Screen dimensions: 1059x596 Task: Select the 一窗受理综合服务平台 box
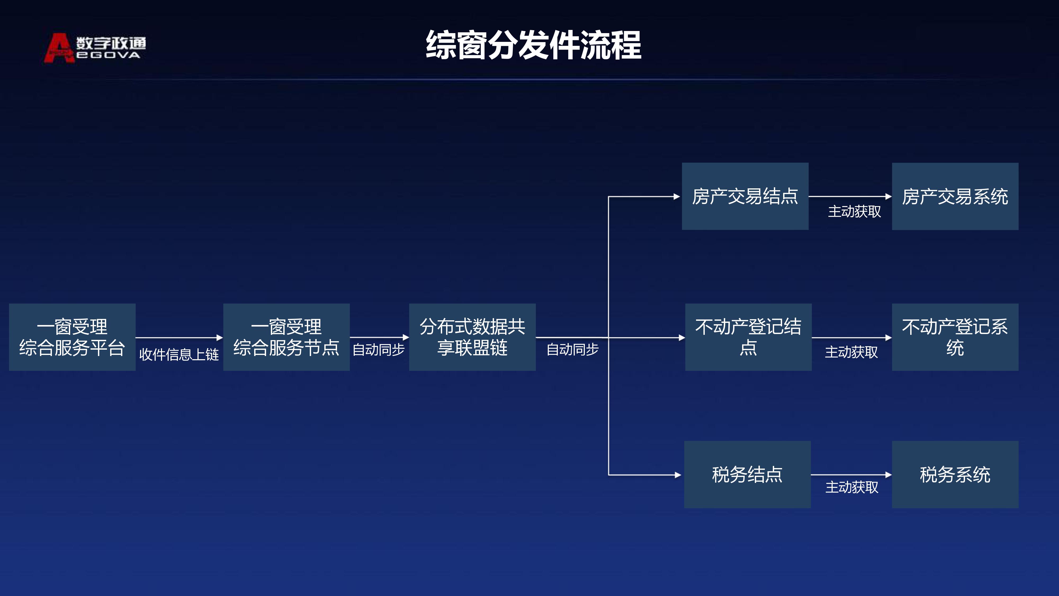(x=72, y=337)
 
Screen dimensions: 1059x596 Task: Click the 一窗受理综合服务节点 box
(x=286, y=337)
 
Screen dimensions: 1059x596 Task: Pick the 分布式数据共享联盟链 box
(x=472, y=337)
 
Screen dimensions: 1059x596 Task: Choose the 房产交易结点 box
(x=745, y=196)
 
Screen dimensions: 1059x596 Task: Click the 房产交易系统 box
(x=955, y=196)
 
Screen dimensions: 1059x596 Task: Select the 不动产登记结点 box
(x=748, y=337)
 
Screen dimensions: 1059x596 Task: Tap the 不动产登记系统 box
(x=955, y=337)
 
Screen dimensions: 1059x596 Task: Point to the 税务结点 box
(x=747, y=474)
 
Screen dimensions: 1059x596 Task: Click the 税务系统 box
(x=955, y=474)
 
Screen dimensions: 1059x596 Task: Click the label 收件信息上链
(x=179, y=354)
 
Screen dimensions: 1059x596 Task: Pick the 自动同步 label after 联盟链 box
(x=572, y=349)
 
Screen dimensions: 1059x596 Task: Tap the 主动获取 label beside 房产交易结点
(x=854, y=211)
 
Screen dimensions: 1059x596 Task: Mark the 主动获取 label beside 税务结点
(x=852, y=487)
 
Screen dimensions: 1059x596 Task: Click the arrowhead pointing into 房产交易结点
(x=677, y=197)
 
